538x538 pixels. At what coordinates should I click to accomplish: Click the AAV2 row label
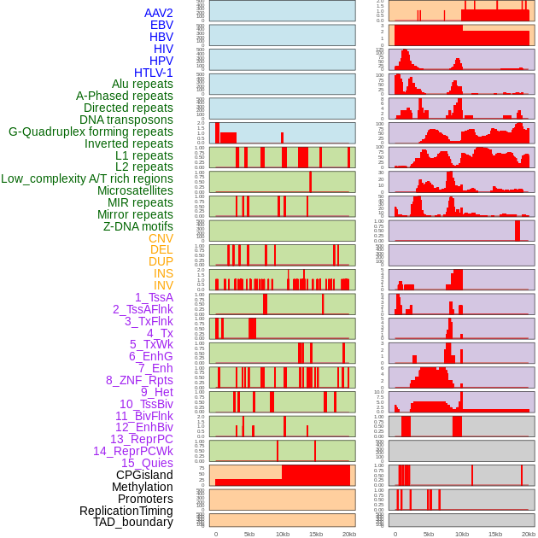point(159,13)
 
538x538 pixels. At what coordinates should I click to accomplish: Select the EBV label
point(161,25)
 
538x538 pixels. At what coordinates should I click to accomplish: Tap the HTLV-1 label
point(154,73)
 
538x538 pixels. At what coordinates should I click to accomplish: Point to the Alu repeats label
point(143,85)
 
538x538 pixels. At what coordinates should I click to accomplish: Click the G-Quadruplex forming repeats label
point(91,132)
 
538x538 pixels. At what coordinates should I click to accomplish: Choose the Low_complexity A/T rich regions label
point(87,178)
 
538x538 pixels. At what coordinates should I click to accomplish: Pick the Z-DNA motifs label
point(138,226)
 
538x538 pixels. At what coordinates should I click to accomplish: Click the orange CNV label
point(161,238)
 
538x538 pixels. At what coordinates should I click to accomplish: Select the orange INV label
point(163,285)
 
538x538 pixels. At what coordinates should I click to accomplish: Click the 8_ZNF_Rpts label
point(139,380)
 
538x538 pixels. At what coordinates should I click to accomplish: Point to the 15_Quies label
point(147,463)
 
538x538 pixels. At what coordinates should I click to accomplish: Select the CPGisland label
point(144,475)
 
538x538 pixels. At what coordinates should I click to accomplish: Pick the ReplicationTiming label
point(126,511)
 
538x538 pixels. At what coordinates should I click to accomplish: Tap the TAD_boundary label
point(133,522)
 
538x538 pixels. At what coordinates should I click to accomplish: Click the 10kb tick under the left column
point(283,534)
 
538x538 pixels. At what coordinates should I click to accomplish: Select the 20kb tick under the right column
point(529,534)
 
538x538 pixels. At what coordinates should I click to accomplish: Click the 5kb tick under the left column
point(249,534)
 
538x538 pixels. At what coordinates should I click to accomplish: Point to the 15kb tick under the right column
point(495,534)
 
